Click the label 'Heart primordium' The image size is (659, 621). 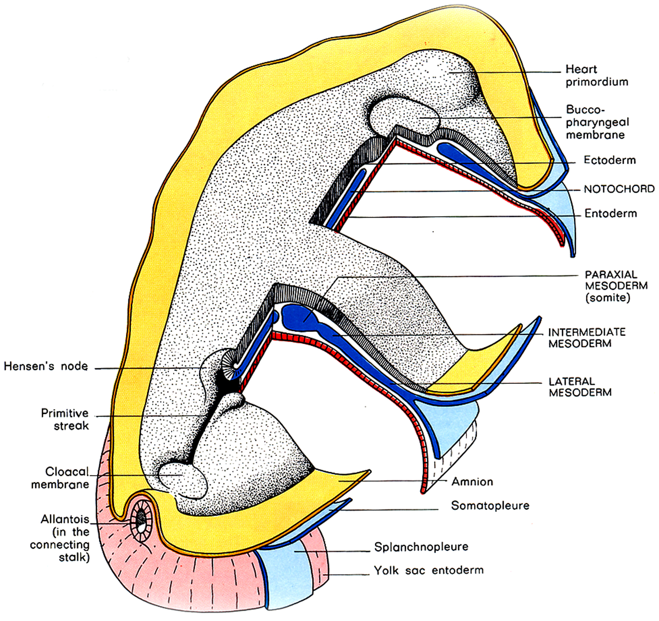(596, 75)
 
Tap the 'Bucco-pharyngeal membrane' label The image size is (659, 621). (597, 122)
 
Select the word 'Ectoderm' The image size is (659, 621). (610, 160)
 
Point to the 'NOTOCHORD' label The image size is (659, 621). (619, 189)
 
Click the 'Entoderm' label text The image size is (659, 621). (610, 213)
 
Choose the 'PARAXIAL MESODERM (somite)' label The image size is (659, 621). (616, 286)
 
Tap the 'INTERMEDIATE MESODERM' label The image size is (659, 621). (587, 338)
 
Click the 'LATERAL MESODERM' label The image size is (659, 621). (580, 387)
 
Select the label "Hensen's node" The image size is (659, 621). (46, 366)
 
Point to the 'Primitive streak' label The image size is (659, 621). (65, 419)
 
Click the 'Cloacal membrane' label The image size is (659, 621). (61, 478)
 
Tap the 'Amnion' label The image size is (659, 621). (472, 482)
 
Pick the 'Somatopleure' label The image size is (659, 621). (490, 506)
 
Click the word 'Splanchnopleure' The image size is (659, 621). (421, 547)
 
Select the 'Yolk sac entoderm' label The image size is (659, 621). (428, 570)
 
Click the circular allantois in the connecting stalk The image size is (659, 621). (141, 520)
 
